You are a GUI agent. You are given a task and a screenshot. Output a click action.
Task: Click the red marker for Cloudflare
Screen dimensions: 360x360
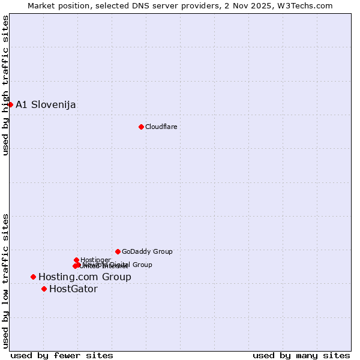[x=141, y=127]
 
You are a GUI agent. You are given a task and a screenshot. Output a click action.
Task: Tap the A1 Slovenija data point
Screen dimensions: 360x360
[x=10, y=104]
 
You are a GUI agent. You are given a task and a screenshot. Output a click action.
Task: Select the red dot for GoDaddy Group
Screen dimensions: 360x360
[x=118, y=251]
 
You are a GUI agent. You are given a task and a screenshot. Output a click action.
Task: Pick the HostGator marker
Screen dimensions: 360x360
[x=44, y=289]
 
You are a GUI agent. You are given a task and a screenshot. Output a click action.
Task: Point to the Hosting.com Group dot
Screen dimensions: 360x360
[x=33, y=277]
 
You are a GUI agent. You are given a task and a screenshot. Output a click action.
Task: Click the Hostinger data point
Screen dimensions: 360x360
[x=76, y=260]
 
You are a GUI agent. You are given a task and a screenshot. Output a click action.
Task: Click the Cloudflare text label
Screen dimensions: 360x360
[x=161, y=127]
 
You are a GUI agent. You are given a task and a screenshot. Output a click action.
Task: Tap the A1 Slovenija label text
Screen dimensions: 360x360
[x=46, y=105]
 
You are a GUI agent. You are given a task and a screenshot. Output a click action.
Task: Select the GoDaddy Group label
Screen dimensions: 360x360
[x=147, y=251]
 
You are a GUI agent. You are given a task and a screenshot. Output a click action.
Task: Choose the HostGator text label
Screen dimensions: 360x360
[x=73, y=289]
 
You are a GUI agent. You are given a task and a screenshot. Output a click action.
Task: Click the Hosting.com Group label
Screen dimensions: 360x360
[x=85, y=277]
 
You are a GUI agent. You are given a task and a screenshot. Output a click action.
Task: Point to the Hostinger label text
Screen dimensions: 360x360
[x=95, y=260]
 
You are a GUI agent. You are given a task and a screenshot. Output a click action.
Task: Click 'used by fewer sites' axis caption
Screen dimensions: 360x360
[x=62, y=355]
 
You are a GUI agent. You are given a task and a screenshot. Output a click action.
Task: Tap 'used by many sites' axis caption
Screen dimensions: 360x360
[x=301, y=355]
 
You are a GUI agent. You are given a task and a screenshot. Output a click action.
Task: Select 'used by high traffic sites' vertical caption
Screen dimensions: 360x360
[x=6, y=85]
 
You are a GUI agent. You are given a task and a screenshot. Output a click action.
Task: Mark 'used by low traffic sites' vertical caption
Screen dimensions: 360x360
[x=6, y=280]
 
